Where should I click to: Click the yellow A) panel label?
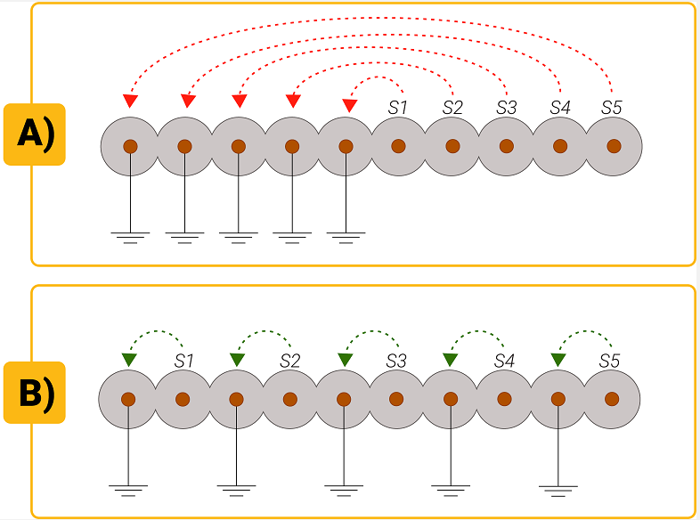pyautogui.click(x=36, y=134)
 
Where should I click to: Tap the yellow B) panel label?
pyautogui.click(x=36, y=393)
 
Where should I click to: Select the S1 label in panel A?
pyautogui.click(x=398, y=108)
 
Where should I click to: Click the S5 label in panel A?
pyautogui.click(x=611, y=108)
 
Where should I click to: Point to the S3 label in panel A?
pyautogui.click(x=506, y=108)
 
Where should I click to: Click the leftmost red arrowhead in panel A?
pyautogui.click(x=130, y=101)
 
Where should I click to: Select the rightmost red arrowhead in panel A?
pyautogui.click(x=350, y=104)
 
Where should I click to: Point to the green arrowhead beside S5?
pyautogui.click(x=558, y=359)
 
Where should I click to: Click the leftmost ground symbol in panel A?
pyautogui.click(x=130, y=237)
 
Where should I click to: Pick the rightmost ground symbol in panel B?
pyautogui.click(x=558, y=488)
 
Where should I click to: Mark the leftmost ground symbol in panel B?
pyautogui.click(x=128, y=488)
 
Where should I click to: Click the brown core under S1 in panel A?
pyautogui.click(x=398, y=146)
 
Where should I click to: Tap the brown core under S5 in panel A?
pyautogui.click(x=613, y=146)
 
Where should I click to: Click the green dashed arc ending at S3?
pyautogui.click(x=370, y=332)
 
